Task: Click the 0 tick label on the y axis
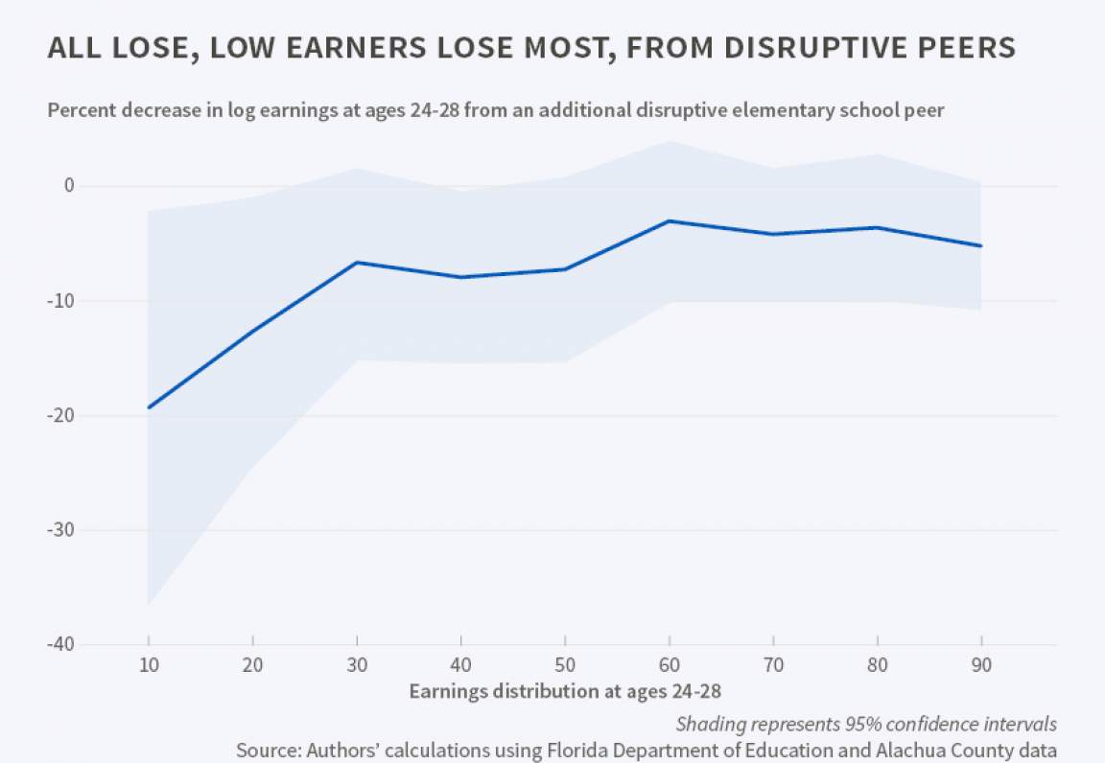[x=69, y=185]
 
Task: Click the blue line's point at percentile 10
[x=149, y=407]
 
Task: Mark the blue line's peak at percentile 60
[x=670, y=220]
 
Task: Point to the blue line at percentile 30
[x=357, y=262]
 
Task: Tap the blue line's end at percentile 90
[x=981, y=246]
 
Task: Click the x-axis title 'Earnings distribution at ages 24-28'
[x=564, y=691]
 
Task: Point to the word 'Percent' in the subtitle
[x=82, y=110]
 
